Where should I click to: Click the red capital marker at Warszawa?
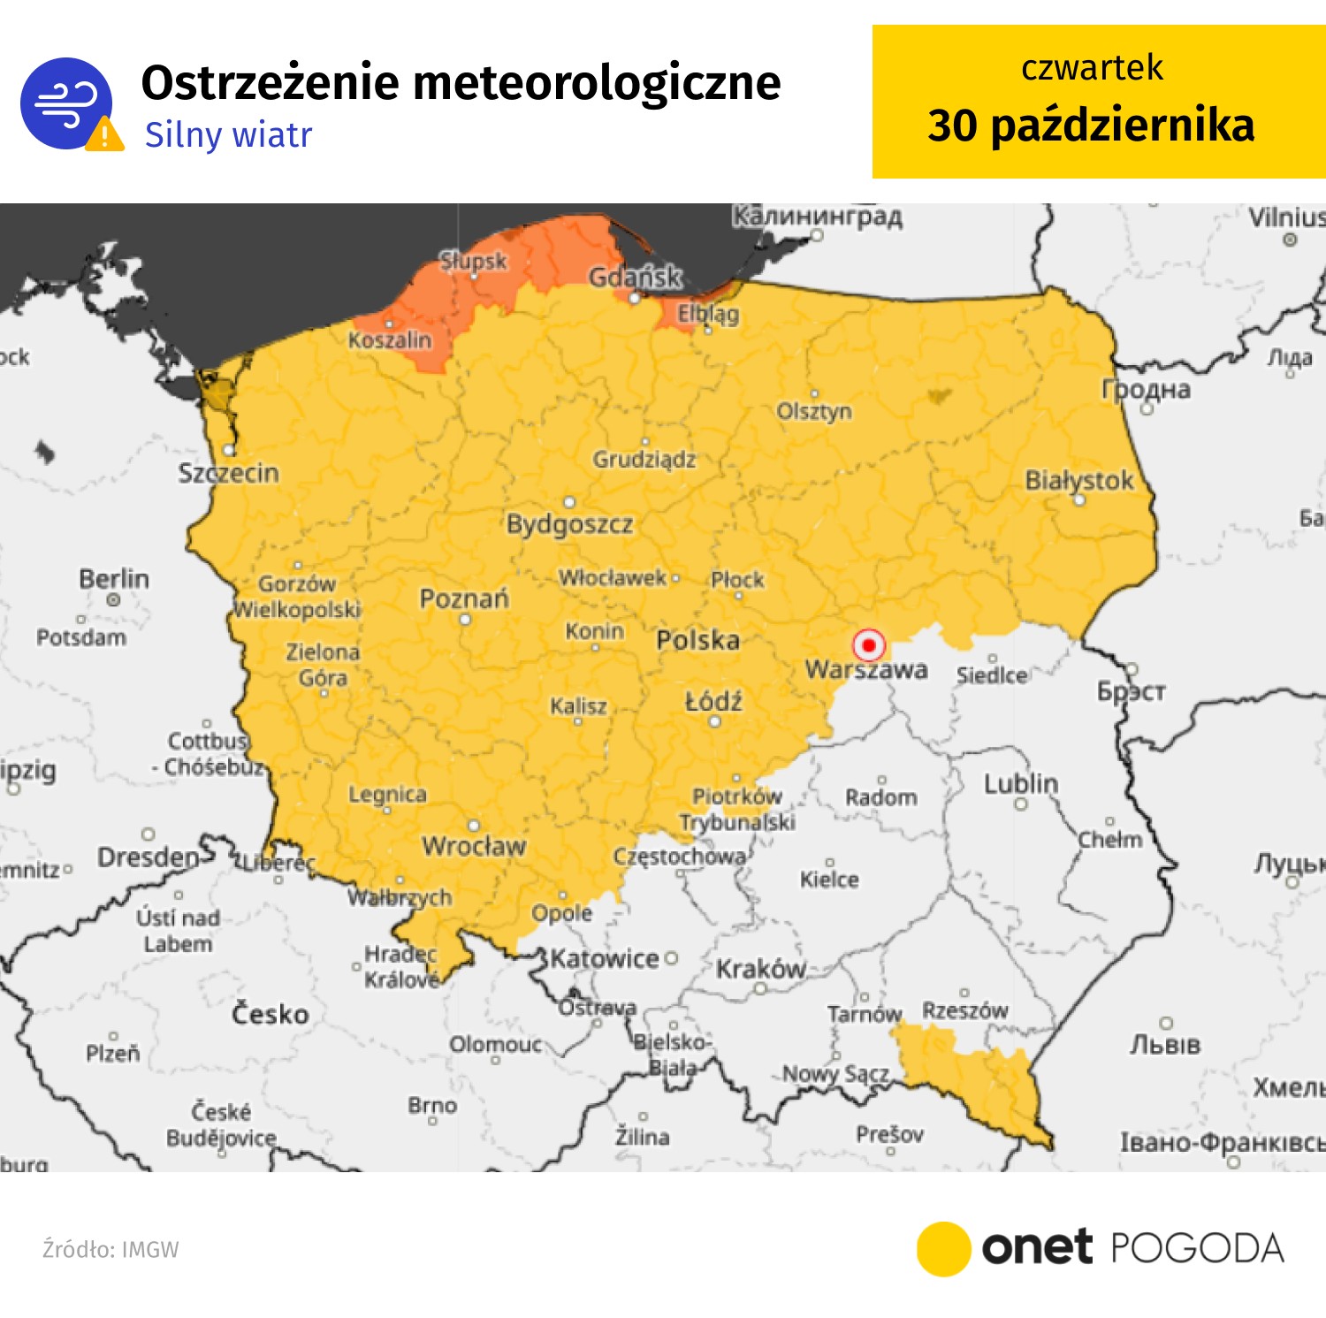[869, 645]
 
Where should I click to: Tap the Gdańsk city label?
[636, 277]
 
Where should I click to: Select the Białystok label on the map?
[1078, 480]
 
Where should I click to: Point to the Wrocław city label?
[474, 846]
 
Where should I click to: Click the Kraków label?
[760, 969]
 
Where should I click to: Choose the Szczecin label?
[228, 473]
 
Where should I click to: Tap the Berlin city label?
[114, 579]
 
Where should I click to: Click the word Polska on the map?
[697, 640]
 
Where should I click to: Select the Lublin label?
[1021, 783]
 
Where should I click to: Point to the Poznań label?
[464, 598]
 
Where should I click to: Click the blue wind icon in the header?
[65, 103]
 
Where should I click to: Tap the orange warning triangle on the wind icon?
[105, 135]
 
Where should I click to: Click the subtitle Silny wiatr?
[228, 135]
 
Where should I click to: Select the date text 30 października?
[1091, 126]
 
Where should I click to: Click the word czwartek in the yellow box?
[1092, 68]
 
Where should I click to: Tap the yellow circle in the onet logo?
[943, 1248]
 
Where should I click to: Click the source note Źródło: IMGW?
[110, 1249]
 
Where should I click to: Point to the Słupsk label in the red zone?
[474, 261]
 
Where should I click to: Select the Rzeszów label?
[964, 1009]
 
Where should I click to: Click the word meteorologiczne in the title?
[597, 83]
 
